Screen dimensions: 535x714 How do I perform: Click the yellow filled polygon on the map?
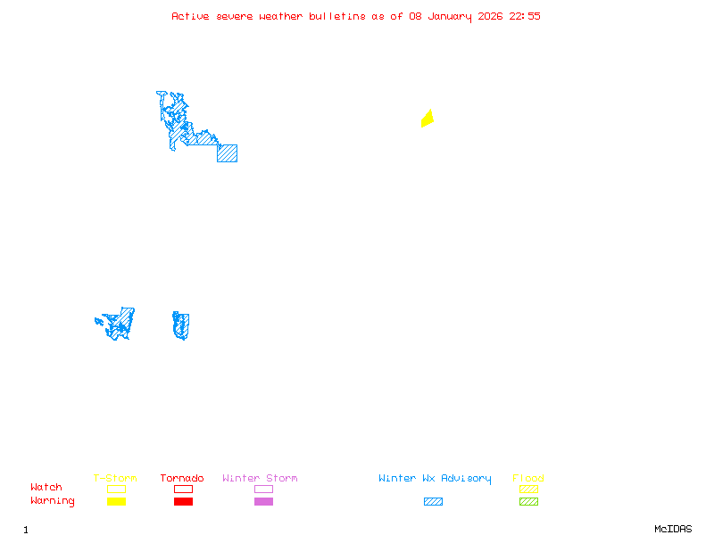pyautogui.click(x=428, y=119)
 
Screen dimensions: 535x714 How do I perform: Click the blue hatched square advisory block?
pyautogui.click(x=227, y=152)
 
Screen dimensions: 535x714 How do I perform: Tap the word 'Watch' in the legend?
pyautogui.click(x=46, y=488)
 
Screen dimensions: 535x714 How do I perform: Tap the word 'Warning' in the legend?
pyautogui.click(x=53, y=501)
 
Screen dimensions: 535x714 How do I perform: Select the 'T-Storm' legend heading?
pyautogui.click(x=115, y=479)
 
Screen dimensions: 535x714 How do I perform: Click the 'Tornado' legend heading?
pyautogui.click(x=182, y=479)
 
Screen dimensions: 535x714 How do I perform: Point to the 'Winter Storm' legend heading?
pyautogui.click(x=260, y=479)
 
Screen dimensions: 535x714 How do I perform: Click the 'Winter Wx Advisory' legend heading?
pyautogui.click(x=435, y=479)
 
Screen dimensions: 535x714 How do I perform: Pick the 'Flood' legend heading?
pyautogui.click(x=528, y=479)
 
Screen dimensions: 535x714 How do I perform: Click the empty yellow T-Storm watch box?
pyautogui.click(x=116, y=489)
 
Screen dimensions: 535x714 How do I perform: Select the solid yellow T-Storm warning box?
pyautogui.click(x=116, y=501)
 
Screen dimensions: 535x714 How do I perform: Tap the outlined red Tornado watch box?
pyautogui.click(x=183, y=489)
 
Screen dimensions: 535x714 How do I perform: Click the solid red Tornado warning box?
pyautogui.click(x=183, y=501)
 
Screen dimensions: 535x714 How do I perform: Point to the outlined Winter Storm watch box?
pyautogui.click(x=263, y=489)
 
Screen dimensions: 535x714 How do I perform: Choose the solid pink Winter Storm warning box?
pyautogui.click(x=263, y=501)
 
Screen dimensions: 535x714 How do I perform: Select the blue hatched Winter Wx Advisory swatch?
pyautogui.click(x=433, y=501)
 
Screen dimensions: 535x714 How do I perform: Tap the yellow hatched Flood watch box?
pyautogui.click(x=528, y=489)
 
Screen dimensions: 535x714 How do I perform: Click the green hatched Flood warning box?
pyautogui.click(x=528, y=501)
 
